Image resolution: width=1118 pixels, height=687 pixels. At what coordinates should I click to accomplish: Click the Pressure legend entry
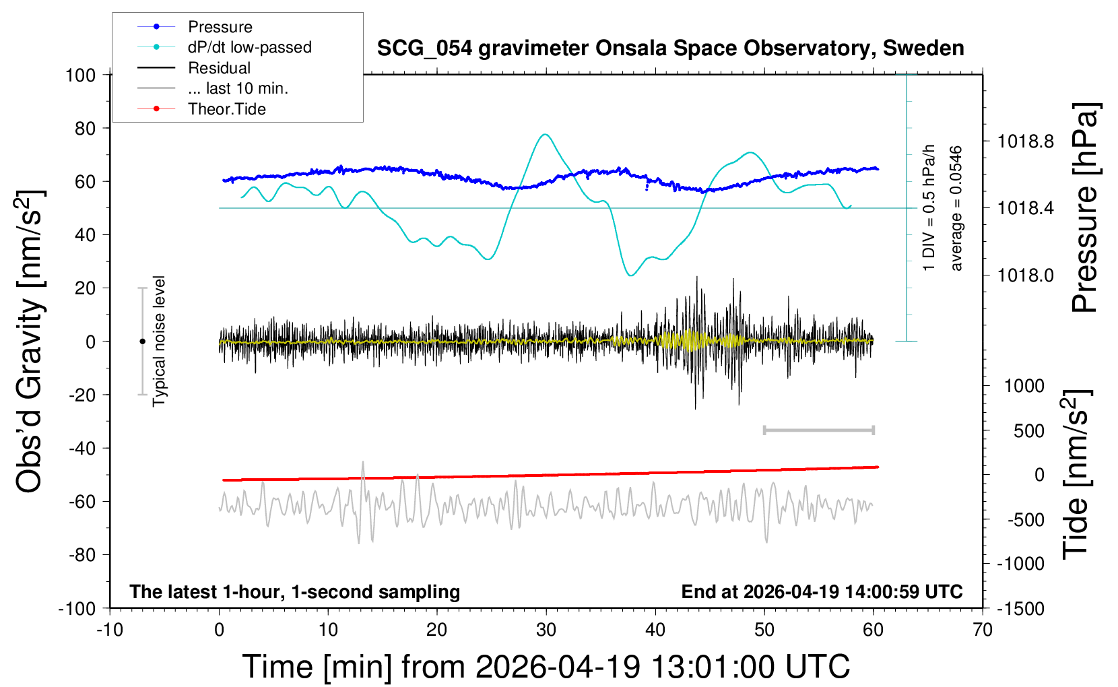[220, 27]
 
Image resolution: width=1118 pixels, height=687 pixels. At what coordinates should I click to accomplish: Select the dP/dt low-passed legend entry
[249, 47]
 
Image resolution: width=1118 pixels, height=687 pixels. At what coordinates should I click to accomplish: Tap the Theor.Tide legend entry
[226, 109]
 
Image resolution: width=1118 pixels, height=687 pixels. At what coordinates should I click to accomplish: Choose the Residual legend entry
[219, 68]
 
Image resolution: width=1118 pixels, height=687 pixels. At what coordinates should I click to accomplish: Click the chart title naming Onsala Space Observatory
[670, 48]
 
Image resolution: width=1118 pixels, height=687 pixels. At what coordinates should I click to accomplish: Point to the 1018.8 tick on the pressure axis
[1025, 141]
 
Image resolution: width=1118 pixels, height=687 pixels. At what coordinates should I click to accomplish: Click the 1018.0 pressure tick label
[1025, 275]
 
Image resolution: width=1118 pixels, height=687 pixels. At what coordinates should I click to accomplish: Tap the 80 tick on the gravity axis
[85, 128]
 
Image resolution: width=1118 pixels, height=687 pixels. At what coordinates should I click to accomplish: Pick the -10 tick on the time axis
[110, 630]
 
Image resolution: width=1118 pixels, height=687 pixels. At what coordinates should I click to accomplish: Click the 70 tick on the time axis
[983, 630]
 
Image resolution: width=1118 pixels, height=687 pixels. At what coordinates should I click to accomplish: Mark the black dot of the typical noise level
[142, 341]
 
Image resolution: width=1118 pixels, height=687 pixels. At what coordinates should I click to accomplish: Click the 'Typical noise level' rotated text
[159, 341]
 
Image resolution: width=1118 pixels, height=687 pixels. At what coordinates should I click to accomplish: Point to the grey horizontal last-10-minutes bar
[818, 430]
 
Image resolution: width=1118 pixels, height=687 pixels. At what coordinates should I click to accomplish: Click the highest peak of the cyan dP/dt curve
[545, 135]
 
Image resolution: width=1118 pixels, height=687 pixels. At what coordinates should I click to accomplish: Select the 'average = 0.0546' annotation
[956, 209]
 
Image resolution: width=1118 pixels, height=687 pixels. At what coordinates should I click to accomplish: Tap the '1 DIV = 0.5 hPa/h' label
[929, 207]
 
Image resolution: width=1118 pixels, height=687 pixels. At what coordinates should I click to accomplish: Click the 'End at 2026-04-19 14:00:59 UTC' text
[822, 591]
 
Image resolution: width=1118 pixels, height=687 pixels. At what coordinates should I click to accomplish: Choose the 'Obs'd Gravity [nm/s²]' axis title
[30, 341]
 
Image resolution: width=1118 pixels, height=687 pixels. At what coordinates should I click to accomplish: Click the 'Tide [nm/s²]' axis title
[1076, 474]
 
